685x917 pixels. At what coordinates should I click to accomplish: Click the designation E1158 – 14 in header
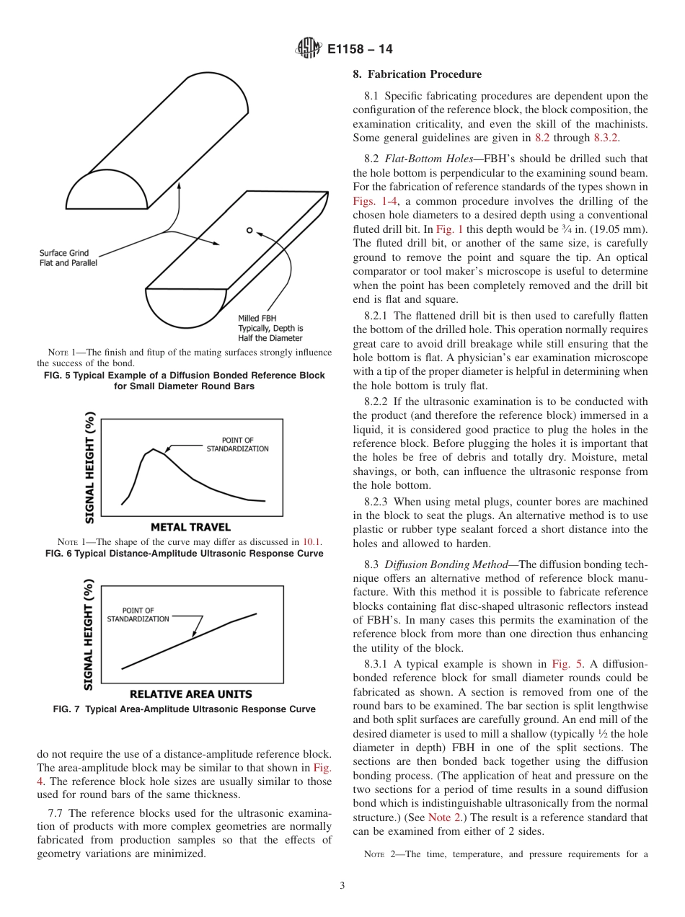coord(360,50)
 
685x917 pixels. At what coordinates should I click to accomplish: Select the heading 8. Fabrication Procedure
coord(417,74)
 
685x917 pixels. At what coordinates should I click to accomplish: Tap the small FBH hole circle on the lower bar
coord(249,231)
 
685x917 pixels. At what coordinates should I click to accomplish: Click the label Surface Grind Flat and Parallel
coord(68,258)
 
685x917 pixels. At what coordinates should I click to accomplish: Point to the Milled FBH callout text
coord(270,328)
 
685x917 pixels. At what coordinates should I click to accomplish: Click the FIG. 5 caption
coord(185,381)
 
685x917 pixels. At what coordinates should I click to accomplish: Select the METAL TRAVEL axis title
coord(191,527)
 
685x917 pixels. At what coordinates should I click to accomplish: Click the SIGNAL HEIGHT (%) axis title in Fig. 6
coord(90,468)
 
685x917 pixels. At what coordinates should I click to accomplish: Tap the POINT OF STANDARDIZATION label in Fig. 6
coord(237,444)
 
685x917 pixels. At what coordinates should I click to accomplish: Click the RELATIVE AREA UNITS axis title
coord(191,694)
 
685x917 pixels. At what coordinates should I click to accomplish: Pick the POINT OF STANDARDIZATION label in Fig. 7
coord(138,614)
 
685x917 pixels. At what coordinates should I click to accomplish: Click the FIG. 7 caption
coord(185,709)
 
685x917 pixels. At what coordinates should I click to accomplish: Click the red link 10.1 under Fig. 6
coord(312,542)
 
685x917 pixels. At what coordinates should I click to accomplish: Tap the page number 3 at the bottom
coord(342,885)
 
